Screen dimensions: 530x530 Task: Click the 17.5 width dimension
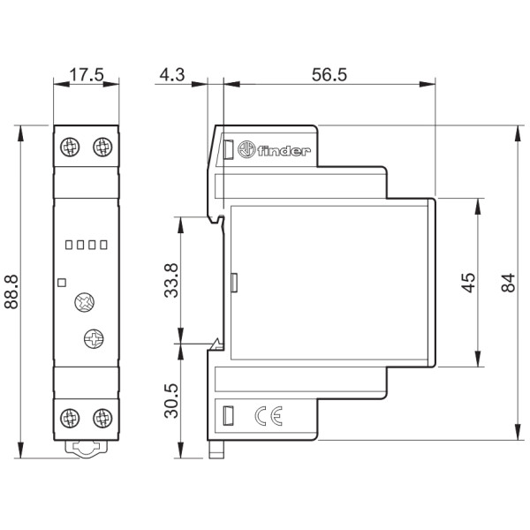pos(86,76)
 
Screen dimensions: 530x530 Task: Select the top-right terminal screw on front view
pos(102,147)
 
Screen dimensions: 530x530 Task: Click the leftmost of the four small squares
pos(68,245)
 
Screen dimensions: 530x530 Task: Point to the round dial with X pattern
pos(86,303)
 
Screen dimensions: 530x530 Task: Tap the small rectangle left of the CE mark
pos(227,414)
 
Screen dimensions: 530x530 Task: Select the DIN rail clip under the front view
pos(86,450)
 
